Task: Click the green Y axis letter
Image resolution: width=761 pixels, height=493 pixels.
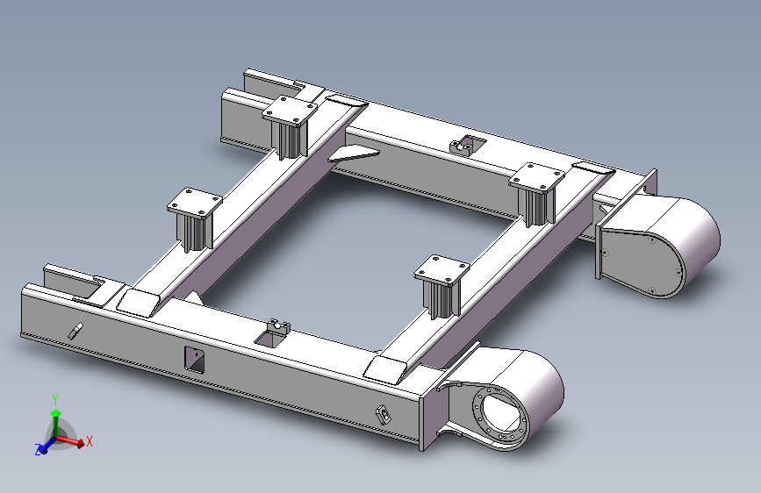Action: pos(55,400)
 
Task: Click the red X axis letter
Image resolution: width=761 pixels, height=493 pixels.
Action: pos(90,441)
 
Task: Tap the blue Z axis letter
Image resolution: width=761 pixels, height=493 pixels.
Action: pos(38,449)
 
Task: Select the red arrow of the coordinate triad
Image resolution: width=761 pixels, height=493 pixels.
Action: pos(70,440)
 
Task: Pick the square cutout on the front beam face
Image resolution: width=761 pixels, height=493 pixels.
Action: pos(195,360)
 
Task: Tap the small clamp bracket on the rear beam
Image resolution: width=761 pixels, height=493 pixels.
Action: pos(466,145)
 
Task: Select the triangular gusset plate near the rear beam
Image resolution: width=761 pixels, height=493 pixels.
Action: pos(355,154)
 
